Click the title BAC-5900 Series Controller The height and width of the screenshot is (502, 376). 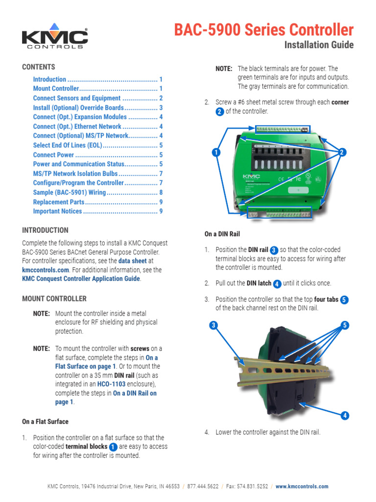[x=264, y=30]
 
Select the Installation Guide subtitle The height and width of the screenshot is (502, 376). [x=319, y=45]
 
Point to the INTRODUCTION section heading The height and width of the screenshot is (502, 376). [x=45, y=230]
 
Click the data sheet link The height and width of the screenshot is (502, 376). [x=132, y=261]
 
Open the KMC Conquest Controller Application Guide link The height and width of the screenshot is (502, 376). [x=81, y=279]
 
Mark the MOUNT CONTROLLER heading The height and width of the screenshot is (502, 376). [x=54, y=299]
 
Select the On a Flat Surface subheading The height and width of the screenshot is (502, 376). [x=45, y=422]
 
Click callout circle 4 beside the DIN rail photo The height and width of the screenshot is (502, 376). [x=345, y=416]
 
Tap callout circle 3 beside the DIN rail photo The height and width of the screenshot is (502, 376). [x=213, y=325]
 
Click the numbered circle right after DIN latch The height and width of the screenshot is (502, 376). [x=277, y=283]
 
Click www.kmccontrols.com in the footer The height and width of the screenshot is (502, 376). [x=302, y=486]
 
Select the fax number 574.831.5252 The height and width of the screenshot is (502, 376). [x=251, y=486]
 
